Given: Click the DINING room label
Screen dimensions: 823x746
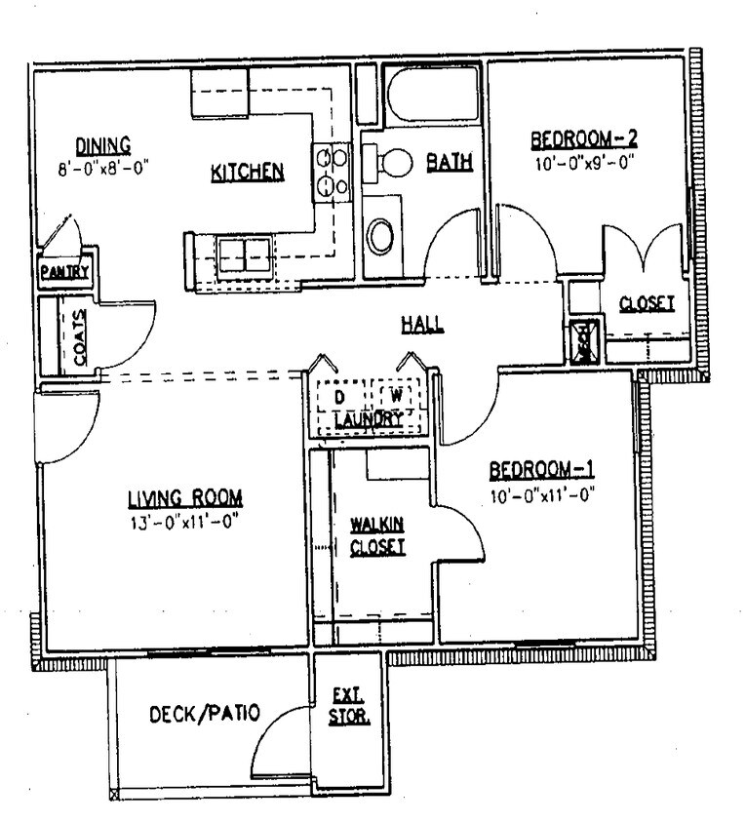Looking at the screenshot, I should (103, 146).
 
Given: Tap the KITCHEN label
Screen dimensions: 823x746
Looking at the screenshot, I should (247, 173).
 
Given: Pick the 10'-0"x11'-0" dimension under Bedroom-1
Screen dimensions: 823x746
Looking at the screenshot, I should (541, 494).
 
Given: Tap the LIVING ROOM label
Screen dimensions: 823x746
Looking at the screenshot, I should (184, 499).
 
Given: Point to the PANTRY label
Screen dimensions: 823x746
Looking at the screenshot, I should (64, 273).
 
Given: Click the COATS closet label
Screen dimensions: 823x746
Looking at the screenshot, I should (78, 336).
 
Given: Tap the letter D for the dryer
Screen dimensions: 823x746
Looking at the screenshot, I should (339, 398).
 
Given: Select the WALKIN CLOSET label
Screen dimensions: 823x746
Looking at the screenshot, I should (377, 535).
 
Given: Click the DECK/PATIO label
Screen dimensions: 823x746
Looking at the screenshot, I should (204, 714).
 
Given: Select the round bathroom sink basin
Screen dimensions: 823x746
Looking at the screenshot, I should (380, 235).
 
